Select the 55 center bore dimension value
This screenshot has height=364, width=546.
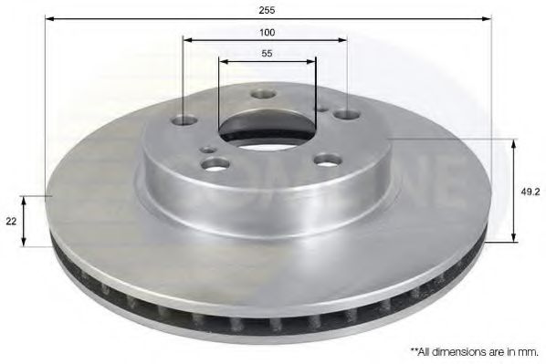pos(267,54)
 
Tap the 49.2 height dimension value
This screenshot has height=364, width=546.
pos(529,192)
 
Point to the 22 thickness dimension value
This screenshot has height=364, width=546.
pos(10,222)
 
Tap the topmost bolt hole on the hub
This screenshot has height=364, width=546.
pos(264,94)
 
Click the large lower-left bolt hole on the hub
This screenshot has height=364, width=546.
pos(215,164)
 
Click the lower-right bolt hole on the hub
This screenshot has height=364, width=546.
pos(326,160)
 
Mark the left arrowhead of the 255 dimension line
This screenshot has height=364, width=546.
pos(48,18)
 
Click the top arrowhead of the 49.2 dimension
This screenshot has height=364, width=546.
pos(514,142)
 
